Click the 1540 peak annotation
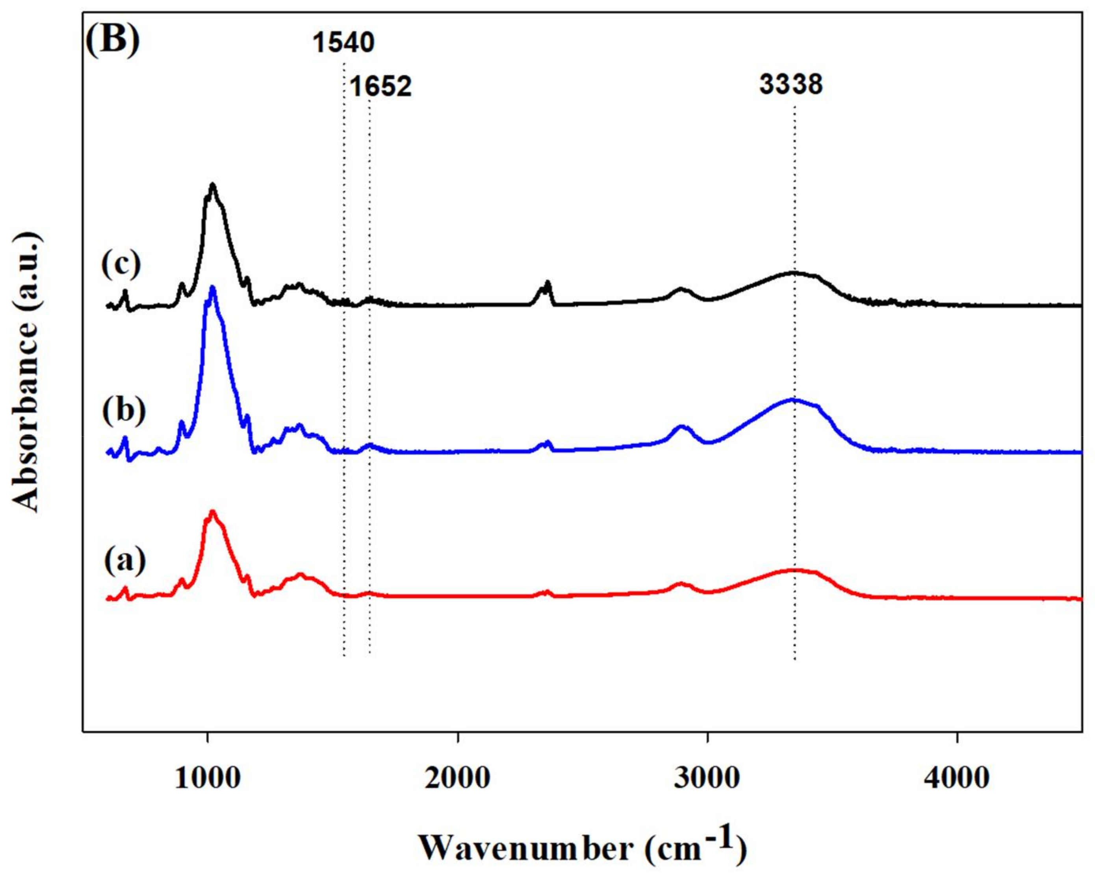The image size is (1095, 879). (343, 43)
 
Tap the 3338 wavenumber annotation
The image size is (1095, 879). (791, 84)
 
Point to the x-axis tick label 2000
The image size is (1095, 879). (458, 778)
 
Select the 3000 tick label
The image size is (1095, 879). (707, 778)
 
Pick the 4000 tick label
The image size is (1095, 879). (957, 778)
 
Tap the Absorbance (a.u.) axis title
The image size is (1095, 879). (25, 373)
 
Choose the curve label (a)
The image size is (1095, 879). (125, 560)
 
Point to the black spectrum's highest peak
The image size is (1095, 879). (212, 185)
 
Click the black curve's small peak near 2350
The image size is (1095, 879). (547, 282)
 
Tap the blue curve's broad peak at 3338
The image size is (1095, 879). (792, 400)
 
